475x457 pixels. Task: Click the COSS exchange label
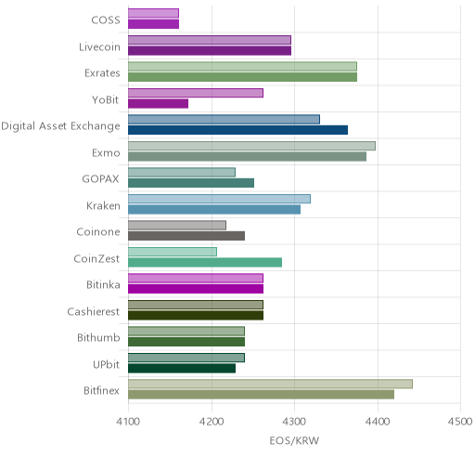coord(106,20)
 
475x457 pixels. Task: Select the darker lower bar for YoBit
coord(158,104)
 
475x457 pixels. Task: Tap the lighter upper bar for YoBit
coord(196,93)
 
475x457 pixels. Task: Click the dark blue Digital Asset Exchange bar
coord(237,130)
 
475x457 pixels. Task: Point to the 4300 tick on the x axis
coord(294,422)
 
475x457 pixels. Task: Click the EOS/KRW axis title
coord(294,440)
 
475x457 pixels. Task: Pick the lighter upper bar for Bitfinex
coord(270,384)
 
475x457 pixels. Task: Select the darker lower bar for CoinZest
coord(205,262)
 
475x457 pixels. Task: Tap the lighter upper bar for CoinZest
coord(173,252)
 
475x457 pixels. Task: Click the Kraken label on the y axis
coord(103,206)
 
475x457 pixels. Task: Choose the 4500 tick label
coord(460,422)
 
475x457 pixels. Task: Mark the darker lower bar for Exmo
coord(247,156)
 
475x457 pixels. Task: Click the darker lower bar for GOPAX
coord(191,183)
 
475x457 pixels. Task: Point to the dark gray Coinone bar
coord(186,236)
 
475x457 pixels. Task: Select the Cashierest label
coord(94,311)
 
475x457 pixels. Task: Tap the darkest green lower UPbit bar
coord(182,369)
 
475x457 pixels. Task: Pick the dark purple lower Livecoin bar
coord(210,50)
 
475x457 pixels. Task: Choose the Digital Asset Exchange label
coord(60,126)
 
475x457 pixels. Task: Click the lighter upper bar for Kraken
coord(219,199)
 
